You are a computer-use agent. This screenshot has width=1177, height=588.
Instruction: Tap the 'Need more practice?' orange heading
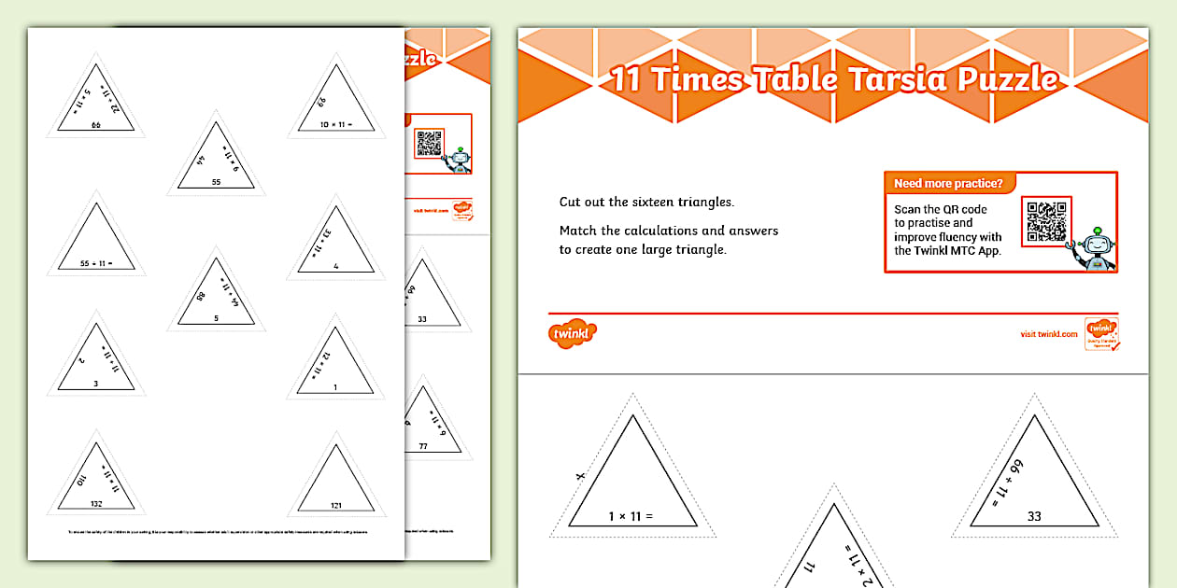click(x=948, y=183)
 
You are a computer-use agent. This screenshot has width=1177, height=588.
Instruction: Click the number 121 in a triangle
click(x=336, y=505)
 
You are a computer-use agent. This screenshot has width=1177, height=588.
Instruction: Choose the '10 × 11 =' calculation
click(x=336, y=124)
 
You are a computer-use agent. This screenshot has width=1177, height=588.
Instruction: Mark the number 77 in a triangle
click(x=422, y=447)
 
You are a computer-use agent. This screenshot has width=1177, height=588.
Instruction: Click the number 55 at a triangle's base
click(x=216, y=183)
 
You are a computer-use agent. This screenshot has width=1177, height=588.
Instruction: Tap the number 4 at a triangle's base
click(x=336, y=266)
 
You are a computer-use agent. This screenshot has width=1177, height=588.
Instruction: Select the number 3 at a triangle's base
click(x=94, y=384)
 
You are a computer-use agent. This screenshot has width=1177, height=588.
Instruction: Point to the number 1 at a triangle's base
click(x=336, y=386)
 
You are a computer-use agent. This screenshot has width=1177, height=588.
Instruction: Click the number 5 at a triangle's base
click(x=216, y=318)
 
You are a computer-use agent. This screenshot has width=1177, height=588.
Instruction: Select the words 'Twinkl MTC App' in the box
click(x=948, y=250)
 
